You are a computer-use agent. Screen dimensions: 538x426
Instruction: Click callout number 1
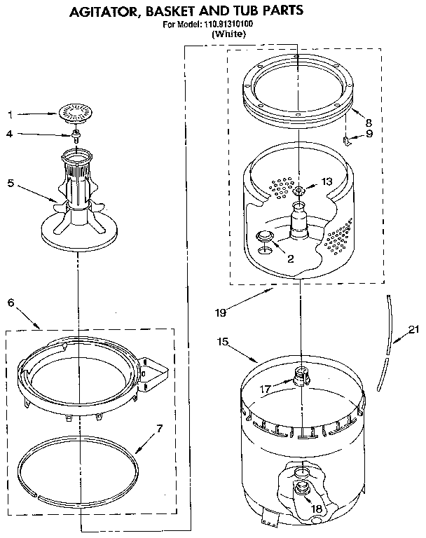point(10,113)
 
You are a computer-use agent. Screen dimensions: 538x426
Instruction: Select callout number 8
point(369,121)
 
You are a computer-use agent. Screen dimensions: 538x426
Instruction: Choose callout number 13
point(327,181)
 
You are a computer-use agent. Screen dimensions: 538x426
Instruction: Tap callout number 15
point(223,343)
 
